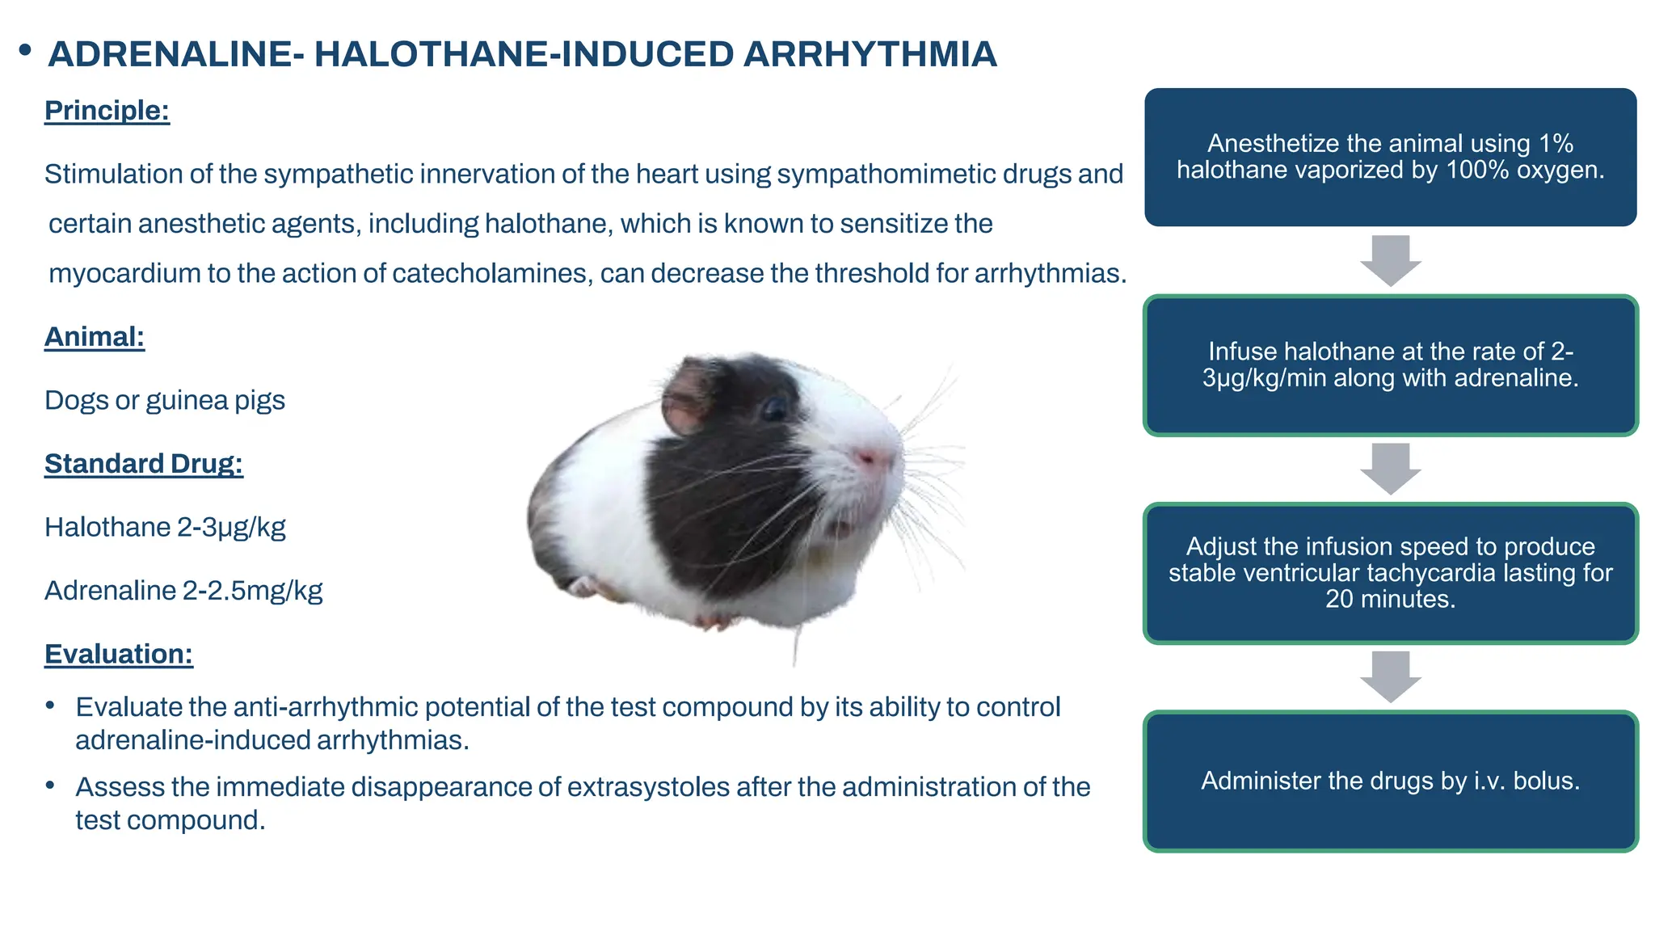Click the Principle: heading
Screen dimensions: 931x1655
[107, 111]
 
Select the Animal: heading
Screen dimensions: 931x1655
[94, 337]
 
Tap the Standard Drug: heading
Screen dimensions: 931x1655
[143, 464]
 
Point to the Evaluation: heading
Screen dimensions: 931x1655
[118, 654]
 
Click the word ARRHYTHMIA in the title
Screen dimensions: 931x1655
[870, 55]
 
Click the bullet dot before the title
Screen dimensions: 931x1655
[25, 51]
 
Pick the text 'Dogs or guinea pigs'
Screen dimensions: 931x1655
[164, 401]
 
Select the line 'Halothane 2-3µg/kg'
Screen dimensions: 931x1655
[165, 528]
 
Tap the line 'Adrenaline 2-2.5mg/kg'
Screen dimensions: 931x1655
[183, 591]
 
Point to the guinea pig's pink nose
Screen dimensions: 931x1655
[870, 458]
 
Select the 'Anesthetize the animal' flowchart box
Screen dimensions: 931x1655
[1390, 158]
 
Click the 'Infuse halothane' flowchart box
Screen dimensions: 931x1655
[1390, 365]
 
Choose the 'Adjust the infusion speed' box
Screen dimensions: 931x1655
[1390, 573]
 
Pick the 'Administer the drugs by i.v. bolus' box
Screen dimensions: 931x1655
[1390, 781]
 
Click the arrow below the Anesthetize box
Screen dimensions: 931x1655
[1390, 261]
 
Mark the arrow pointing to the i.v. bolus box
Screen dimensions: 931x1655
[1390, 676]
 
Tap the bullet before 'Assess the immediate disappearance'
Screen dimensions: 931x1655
[50, 786]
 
